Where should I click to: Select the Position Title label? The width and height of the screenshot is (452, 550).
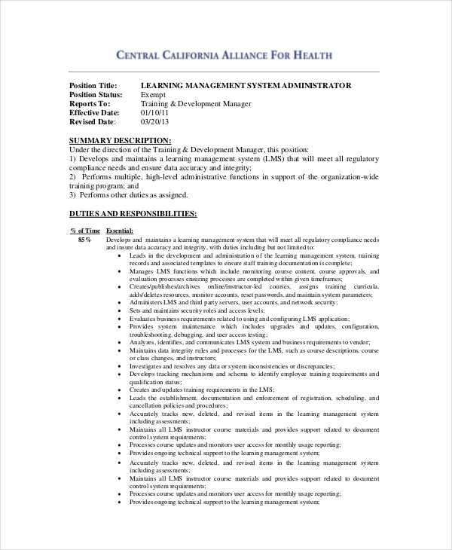click(93, 86)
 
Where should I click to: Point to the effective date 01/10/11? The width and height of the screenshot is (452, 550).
click(155, 112)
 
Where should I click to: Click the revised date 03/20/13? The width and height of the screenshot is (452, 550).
click(155, 121)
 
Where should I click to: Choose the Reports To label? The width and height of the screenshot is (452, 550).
click(90, 104)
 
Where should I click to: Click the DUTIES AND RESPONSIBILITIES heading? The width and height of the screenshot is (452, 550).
click(133, 214)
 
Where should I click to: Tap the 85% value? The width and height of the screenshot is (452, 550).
click(84, 239)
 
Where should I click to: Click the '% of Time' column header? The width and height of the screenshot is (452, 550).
click(84, 230)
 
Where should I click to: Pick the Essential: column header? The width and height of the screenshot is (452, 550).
click(120, 230)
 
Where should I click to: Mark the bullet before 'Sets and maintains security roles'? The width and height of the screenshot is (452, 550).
click(121, 310)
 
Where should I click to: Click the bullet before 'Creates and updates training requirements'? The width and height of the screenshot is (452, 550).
click(121, 389)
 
